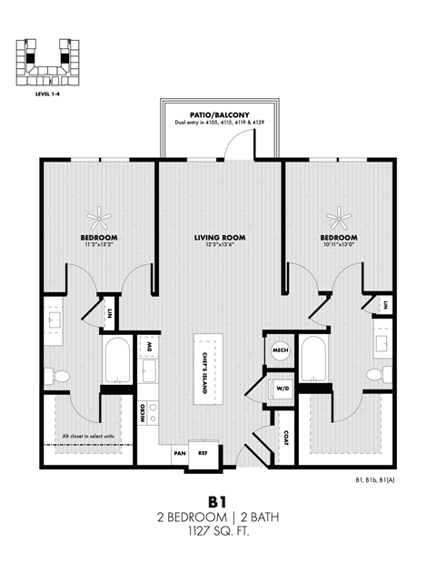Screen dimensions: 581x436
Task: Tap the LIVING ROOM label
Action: coord(220,238)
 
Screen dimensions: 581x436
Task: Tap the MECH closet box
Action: coord(280,350)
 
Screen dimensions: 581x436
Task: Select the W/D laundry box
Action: coord(281,389)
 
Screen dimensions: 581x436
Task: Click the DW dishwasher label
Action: coord(148,347)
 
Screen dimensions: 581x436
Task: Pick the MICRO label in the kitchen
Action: coord(144,414)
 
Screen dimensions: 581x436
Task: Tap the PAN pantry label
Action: coord(180,452)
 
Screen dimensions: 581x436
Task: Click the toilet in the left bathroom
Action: coord(61,374)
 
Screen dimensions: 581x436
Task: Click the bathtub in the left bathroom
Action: coord(118,360)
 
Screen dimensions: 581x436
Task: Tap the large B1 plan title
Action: coord(217,501)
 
